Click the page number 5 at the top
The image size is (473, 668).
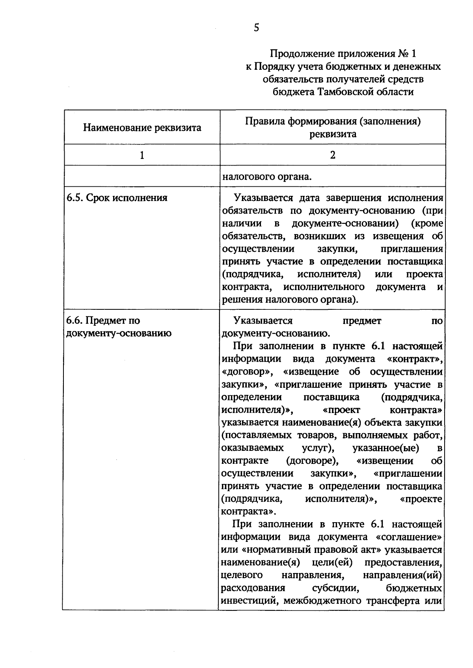[256, 28]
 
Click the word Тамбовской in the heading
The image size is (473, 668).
[347, 92]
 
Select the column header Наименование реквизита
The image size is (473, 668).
[142, 128]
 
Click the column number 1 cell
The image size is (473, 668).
[142, 155]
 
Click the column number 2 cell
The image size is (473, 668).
[332, 155]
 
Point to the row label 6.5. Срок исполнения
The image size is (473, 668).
[117, 198]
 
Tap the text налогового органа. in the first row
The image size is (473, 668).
[267, 176]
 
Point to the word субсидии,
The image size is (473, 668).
[335, 588]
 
